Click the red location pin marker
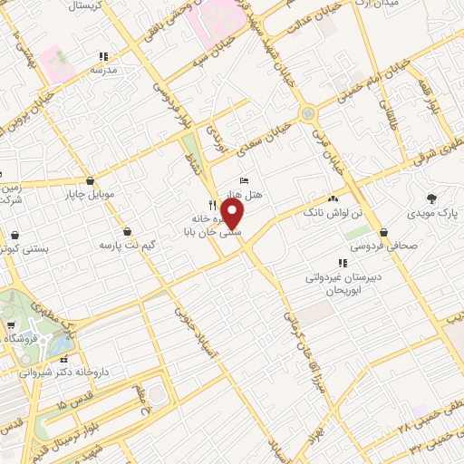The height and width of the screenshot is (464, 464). coord(233,215)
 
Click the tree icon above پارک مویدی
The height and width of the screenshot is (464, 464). coord(430,197)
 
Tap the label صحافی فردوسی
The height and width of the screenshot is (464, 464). coord(385,245)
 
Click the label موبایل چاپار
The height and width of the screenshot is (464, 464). coord(89,194)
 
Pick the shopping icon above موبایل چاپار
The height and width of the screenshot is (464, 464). coord(90,180)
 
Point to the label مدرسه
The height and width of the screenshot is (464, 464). coord(106,70)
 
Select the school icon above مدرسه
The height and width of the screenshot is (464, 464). coord(104,55)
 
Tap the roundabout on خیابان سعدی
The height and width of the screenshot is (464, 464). coord(308,114)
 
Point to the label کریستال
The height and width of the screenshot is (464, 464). coord(88,5)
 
